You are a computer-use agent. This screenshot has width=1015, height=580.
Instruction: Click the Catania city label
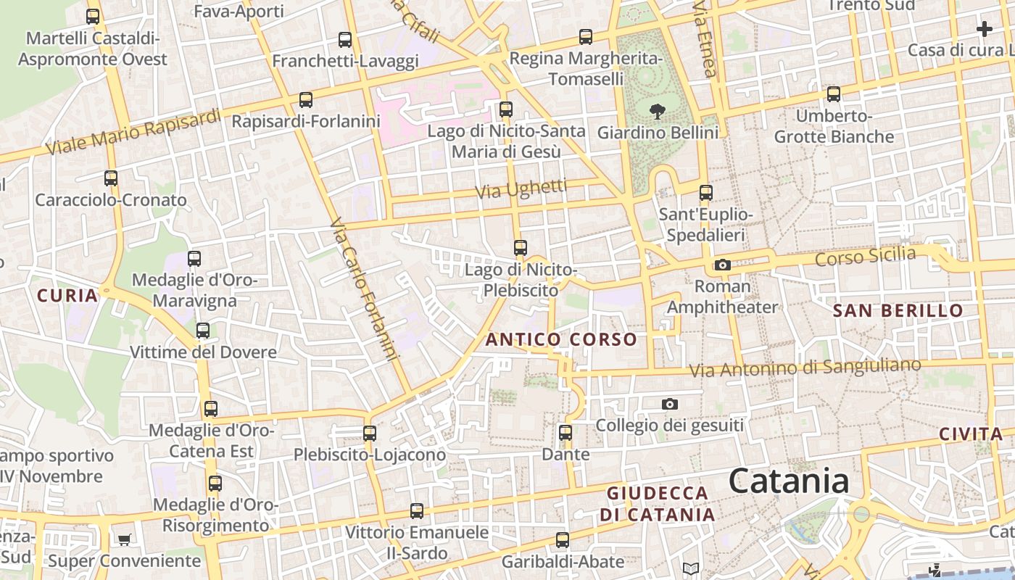[788, 481]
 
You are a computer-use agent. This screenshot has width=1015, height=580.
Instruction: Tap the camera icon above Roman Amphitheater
[722, 265]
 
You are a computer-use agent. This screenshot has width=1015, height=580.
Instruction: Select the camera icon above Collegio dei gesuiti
[670, 404]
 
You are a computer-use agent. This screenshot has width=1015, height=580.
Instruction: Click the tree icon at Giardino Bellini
[658, 112]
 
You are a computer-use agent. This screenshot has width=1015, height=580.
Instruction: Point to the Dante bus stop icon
[565, 434]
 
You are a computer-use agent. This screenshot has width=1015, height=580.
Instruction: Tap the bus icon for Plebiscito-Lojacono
[370, 434]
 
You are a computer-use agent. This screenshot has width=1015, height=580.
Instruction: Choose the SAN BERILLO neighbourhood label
[898, 311]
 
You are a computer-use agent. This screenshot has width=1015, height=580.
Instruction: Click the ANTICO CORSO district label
[561, 339]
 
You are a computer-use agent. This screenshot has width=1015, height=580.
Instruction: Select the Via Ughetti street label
[521, 189]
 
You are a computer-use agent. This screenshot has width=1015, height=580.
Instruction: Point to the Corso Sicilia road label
[865, 257]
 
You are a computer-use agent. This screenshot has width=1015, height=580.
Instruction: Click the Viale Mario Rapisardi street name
[133, 132]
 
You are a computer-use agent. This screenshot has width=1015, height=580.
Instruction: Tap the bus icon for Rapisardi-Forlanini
[306, 100]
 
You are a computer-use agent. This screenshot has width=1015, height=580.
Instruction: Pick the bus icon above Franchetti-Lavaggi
[345, 40]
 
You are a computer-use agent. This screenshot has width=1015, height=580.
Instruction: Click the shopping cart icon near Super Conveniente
[124, 539]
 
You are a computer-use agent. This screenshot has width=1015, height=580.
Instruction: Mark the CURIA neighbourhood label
[67, 295]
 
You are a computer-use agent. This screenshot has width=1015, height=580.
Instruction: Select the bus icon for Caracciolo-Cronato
[111, 178]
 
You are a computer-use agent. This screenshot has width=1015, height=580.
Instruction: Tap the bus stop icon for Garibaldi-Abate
[563, 540]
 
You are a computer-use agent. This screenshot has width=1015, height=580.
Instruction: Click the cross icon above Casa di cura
[984, 29]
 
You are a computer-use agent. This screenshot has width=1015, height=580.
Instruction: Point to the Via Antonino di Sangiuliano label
[805, 368]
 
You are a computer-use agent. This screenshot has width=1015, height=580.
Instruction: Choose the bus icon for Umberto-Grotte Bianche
[834, 94]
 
